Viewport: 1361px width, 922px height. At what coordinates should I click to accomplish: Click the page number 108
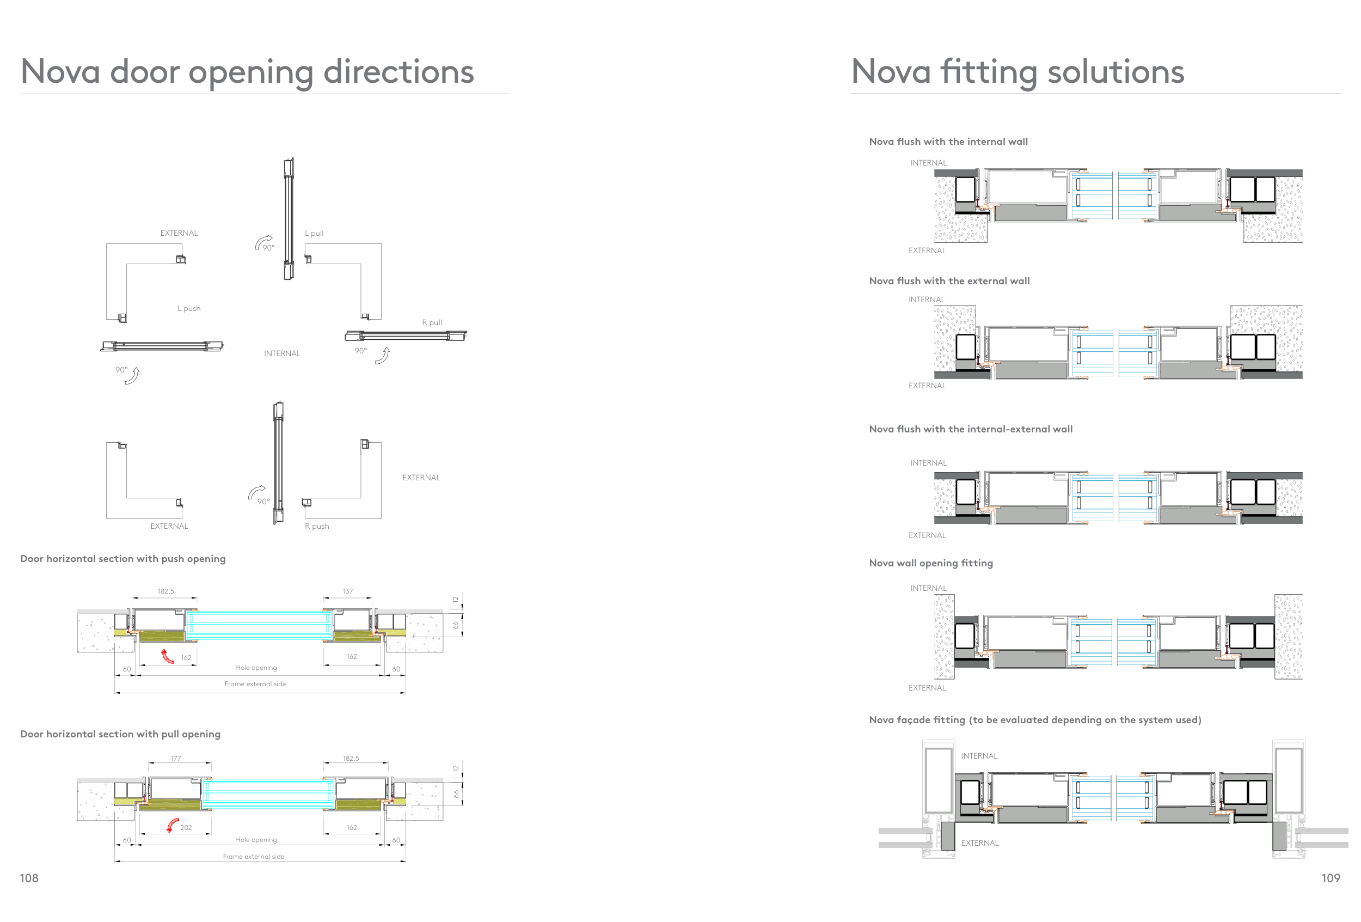[29, 877]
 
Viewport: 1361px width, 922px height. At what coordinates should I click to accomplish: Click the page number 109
[1330, 877]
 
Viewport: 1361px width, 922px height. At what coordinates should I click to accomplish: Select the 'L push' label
[188, 308]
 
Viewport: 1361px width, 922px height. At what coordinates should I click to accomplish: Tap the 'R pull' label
[432, 322]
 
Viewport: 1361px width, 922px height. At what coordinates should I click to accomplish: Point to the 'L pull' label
[314, 233]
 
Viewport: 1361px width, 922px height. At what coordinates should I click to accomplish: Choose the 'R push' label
[317, 526]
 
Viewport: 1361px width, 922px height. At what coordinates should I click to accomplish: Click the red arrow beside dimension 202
[172, 826]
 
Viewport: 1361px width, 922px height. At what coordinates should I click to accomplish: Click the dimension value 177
[176, 758]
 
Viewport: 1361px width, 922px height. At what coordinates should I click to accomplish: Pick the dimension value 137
[348, 591]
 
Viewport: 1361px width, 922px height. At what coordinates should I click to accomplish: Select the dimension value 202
[186, 828]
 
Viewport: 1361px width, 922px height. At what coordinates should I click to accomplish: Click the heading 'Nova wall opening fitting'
[930, 563]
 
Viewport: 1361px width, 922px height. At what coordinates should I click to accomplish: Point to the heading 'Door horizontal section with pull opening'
[120, 734]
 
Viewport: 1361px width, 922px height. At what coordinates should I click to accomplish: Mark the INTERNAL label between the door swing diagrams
[281, 353]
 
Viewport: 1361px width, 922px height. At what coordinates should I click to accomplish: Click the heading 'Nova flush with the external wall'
[949, 281]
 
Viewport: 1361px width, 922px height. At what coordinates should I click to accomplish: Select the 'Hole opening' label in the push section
[256, 668]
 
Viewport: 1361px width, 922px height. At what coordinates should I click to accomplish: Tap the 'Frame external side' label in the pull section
[253, 857]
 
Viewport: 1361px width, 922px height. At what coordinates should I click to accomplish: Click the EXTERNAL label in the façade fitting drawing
[980, 843]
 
